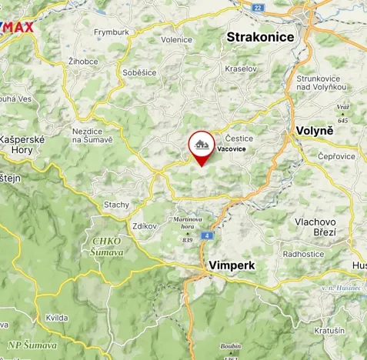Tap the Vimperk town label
pos(231,265)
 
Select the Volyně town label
pos(315,132)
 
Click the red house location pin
pos(202,146)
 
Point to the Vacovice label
pos(232,149)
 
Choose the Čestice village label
pos(239,138)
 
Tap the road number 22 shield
pos(257,7)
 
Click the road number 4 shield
pos(207,235)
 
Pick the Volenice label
pos(176,38)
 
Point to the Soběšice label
pos(138,72)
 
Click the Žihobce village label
pos(82,60)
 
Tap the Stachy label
pos(116,205)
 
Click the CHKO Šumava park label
pos(106,246)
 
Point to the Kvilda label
pos(56,317)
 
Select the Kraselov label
pos(240,68)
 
